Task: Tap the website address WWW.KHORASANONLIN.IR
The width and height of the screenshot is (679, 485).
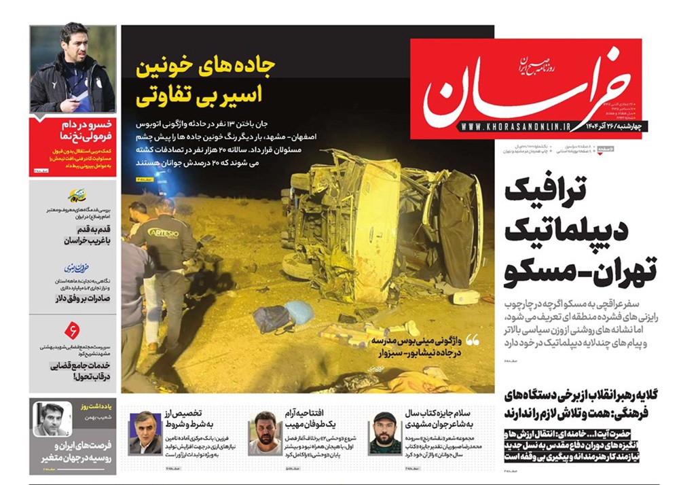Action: coord(515,126)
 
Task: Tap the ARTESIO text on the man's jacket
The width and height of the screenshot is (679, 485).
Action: coord(162,231)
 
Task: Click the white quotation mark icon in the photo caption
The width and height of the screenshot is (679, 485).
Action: coord(472,339)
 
